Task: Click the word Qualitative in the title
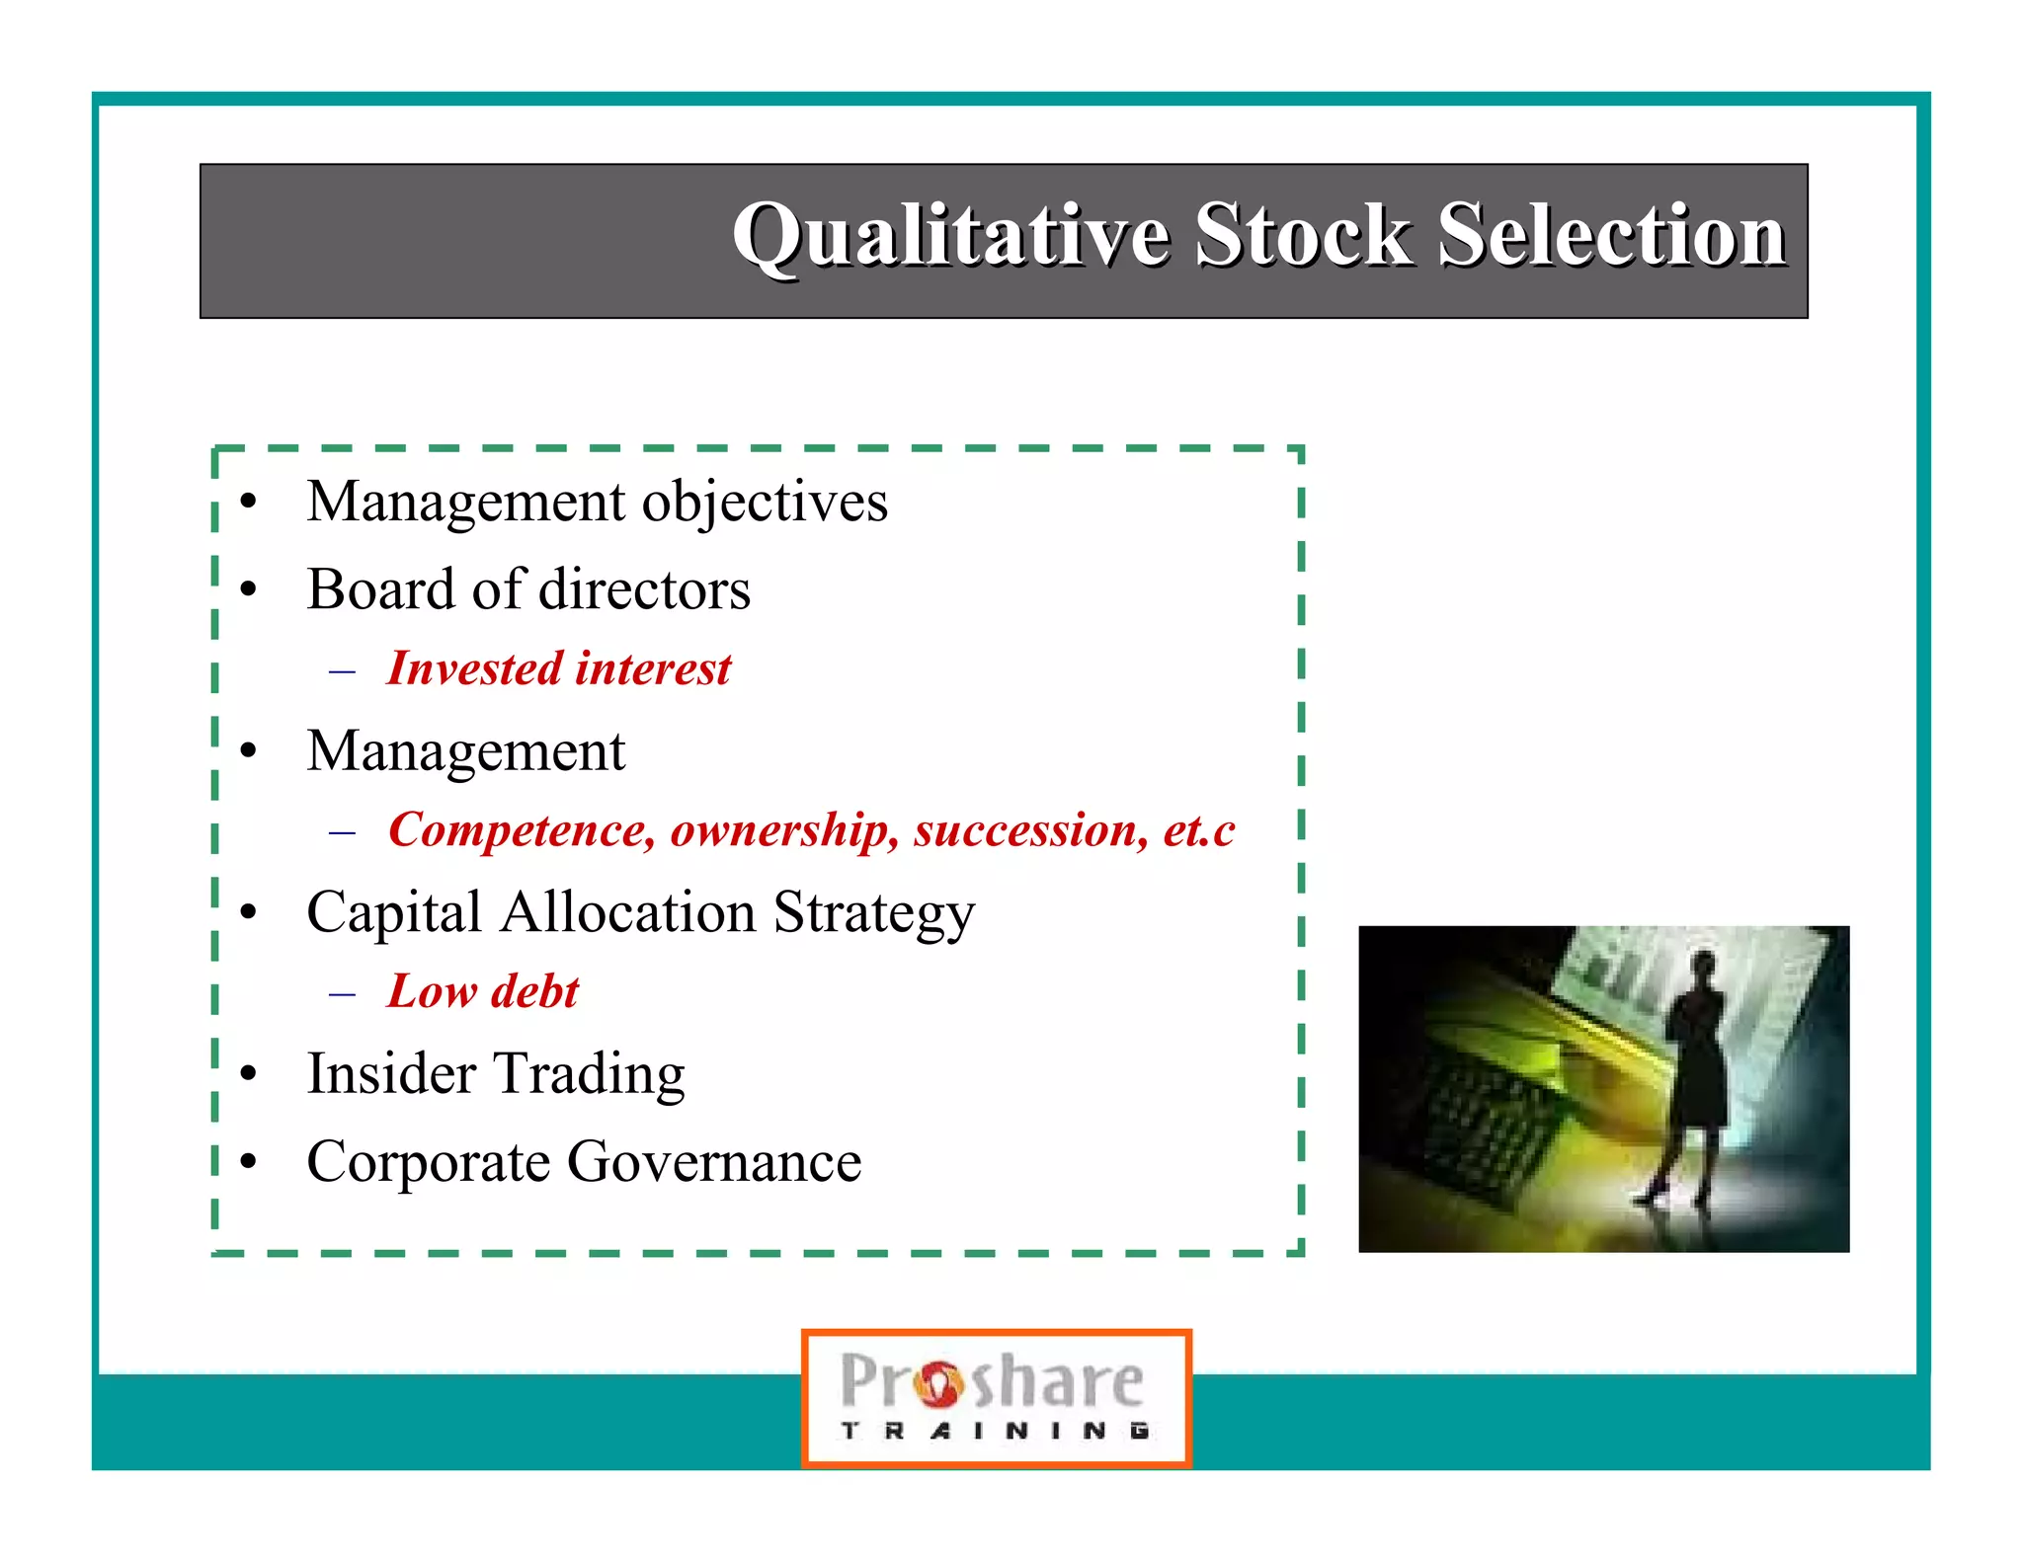pos(950,237)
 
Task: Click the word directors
pos(644,589)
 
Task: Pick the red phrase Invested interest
pos(558,668)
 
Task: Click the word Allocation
pos(628,912)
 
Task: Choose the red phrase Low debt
pos(482,991)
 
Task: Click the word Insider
pos(391,1073)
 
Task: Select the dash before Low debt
pos(342,993)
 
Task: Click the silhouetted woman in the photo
pos(1694,1076)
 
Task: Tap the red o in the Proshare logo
pos(937,1383)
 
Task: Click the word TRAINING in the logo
pos(995,1431)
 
